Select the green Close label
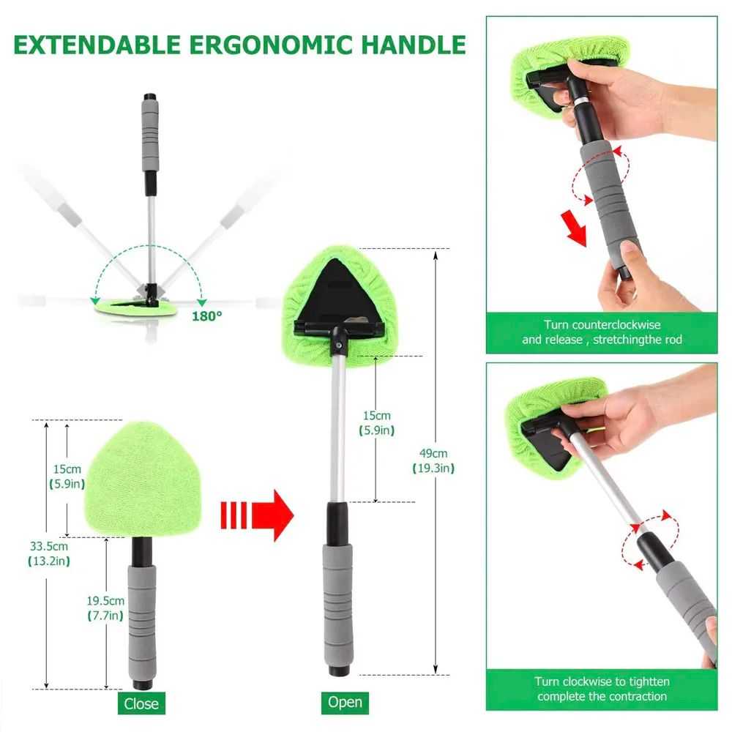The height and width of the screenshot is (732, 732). pos(141,703)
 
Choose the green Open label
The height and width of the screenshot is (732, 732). pos(345,702)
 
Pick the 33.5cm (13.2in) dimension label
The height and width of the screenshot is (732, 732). pos(48,553)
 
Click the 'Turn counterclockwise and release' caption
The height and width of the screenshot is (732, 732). pos(602,332)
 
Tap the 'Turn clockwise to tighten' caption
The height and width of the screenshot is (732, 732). pos(602,689)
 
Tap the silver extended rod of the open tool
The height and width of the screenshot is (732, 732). pos(338,425)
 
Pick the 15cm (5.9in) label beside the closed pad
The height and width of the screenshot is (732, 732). pos(68,476)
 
